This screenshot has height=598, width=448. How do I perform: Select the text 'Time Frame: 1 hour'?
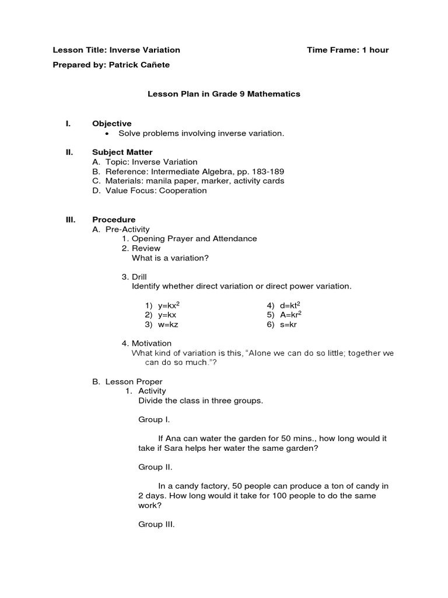click(x=348, y=50)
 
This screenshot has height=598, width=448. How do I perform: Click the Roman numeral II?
click(x=69, y=152)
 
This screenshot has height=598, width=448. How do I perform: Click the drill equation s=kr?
click(x=288, y=324)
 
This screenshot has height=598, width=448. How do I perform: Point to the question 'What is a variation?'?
click(x=170, y=258)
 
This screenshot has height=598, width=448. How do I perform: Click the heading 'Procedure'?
click(x=114, y=220)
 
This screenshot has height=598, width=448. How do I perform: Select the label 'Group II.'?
click(x=155, y=467)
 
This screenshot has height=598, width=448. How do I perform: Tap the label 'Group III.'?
click(x=156, y=524)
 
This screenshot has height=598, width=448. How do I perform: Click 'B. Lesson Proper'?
click(x=127, y=381)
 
